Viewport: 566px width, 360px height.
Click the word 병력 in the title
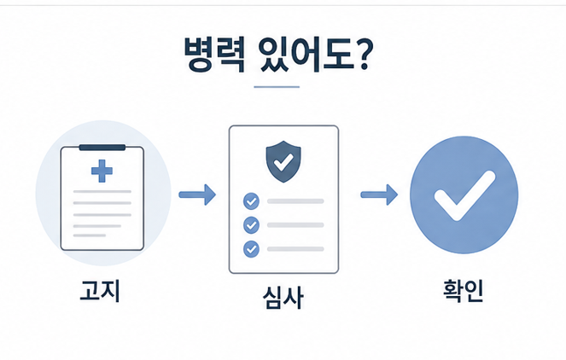(214, 55)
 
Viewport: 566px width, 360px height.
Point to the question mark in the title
(363, 54)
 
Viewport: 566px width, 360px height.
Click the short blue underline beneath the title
(277, 87)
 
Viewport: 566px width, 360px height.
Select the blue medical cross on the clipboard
(102, 171)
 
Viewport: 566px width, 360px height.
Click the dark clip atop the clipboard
(102, 148)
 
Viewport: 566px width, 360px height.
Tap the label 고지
(100, 291)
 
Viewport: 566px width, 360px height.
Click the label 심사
(283, 297)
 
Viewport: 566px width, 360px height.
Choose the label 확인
(463, 291)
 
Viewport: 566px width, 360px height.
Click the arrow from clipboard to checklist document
(197, 195)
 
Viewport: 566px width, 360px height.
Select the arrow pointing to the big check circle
(379, 195)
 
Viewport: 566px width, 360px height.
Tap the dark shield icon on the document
(283, 161)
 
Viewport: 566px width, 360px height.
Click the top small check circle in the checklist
(251, 201)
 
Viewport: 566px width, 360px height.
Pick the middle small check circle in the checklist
(251, 225)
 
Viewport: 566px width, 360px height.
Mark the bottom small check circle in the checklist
(251, 249)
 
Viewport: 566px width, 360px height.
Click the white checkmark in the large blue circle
(464, 195)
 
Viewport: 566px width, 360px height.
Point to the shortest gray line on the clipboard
(90, 235)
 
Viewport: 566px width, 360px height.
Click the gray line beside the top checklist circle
(295, 201)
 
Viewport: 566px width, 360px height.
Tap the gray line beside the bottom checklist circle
(295, 249)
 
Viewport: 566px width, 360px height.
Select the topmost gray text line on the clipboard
(102, 192)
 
